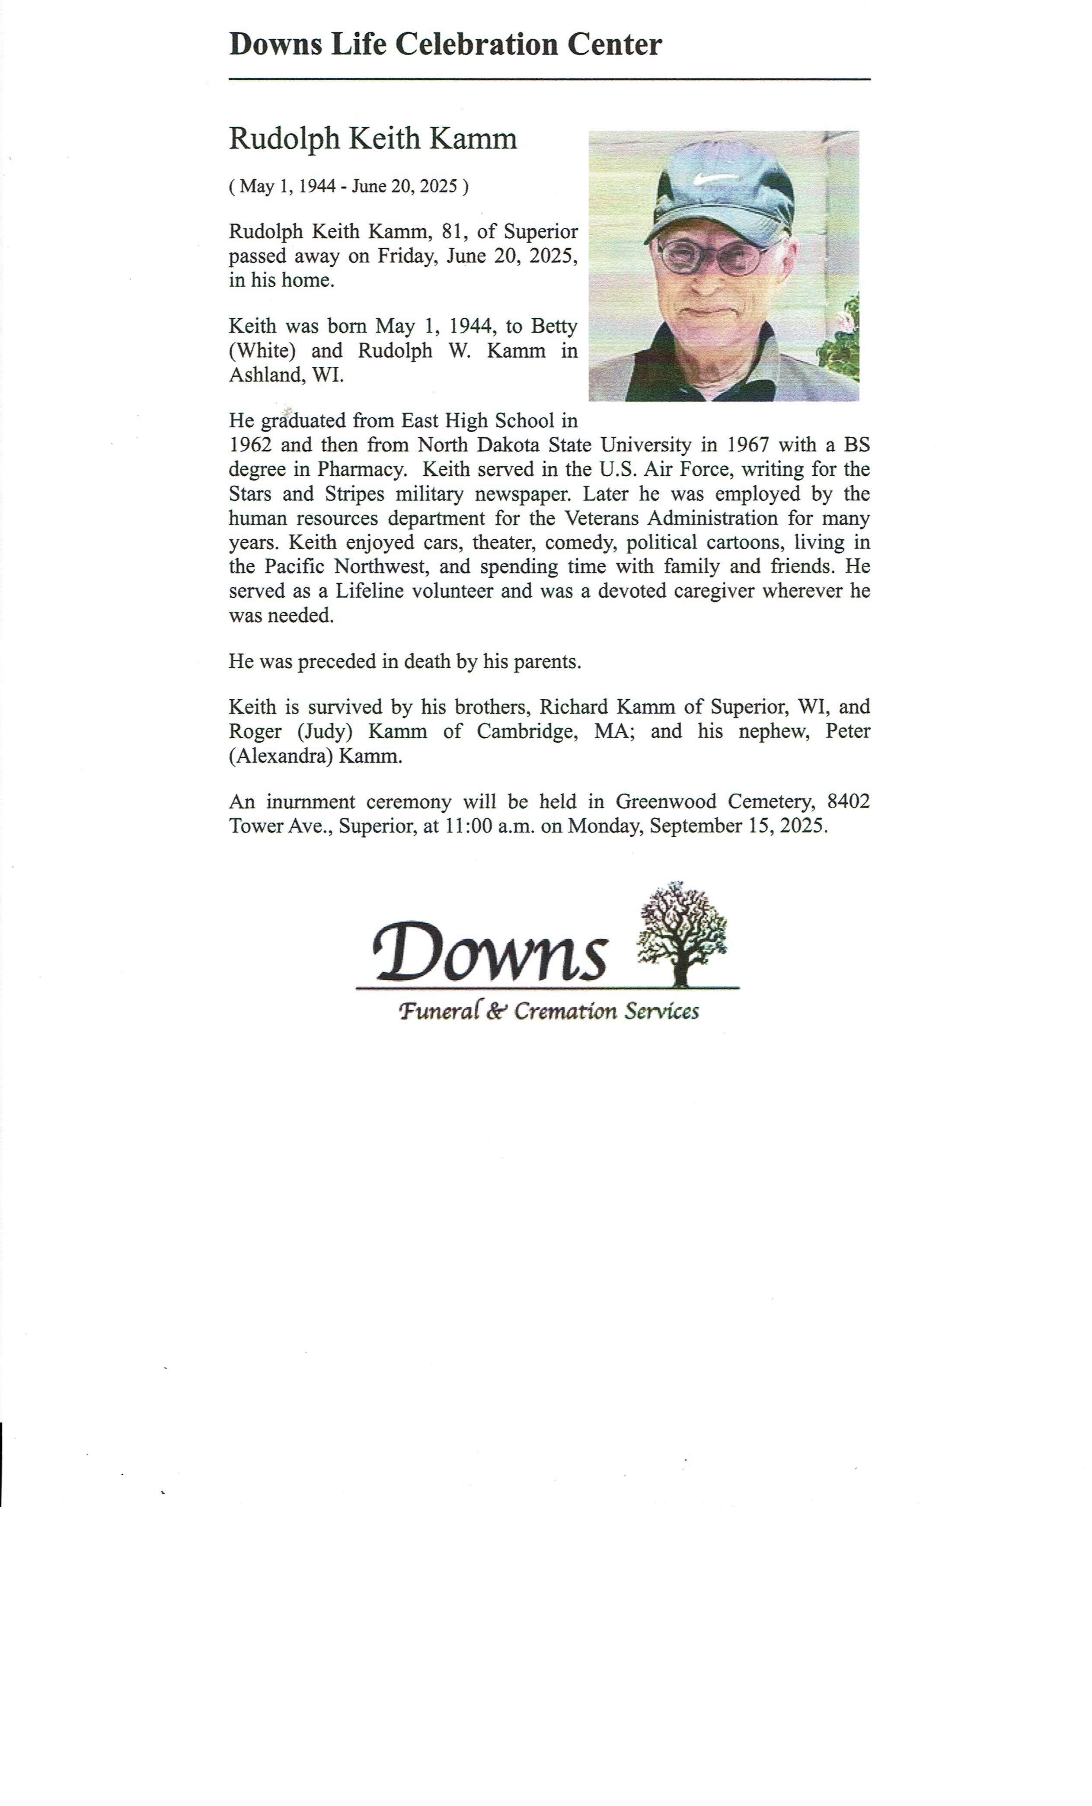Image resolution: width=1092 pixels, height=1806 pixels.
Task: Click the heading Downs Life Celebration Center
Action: tap(445, 45)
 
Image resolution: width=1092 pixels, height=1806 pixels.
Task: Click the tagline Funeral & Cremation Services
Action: tap(548, 1012)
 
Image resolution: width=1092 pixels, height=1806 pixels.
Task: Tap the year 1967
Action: tap(747, 445)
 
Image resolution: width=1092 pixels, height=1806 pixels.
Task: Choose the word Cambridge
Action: tap(527, 731)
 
